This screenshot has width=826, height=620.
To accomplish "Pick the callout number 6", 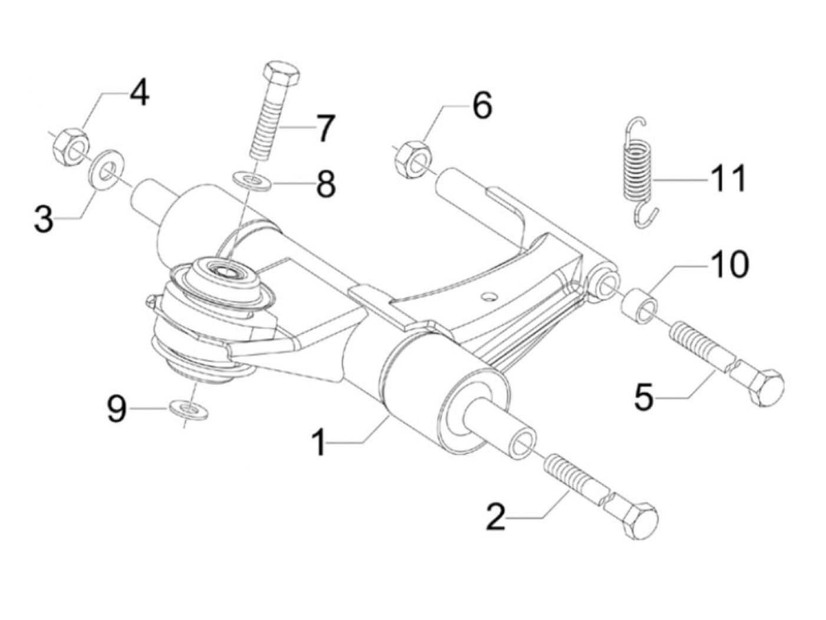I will point(481,107).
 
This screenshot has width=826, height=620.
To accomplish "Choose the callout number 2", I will point(496,516).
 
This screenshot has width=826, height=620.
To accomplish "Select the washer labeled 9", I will point(187,408).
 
